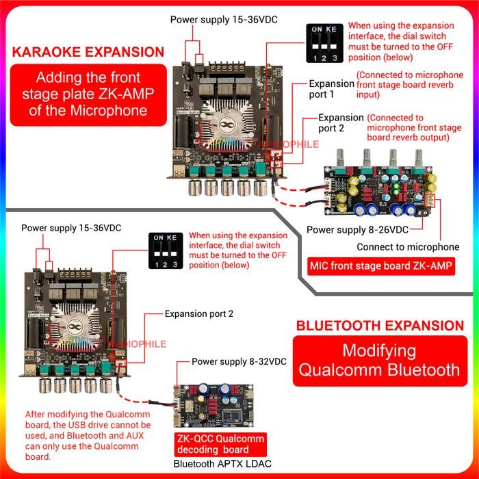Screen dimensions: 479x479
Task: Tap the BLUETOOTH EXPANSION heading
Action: point(379,325)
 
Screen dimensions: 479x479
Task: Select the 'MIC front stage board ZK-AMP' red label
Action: point(382,266)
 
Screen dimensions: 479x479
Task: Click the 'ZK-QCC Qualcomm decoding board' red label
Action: point(219,444)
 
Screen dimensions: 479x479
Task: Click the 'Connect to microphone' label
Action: point(408,247)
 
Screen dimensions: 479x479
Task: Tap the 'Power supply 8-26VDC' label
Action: point(357,230)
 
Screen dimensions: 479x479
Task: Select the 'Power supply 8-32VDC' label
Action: point(239,361)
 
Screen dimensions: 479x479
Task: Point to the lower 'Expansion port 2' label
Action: point(198,314)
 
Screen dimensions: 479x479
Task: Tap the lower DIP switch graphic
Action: point(168,252)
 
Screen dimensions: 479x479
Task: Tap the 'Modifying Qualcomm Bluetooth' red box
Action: point(379,361)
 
